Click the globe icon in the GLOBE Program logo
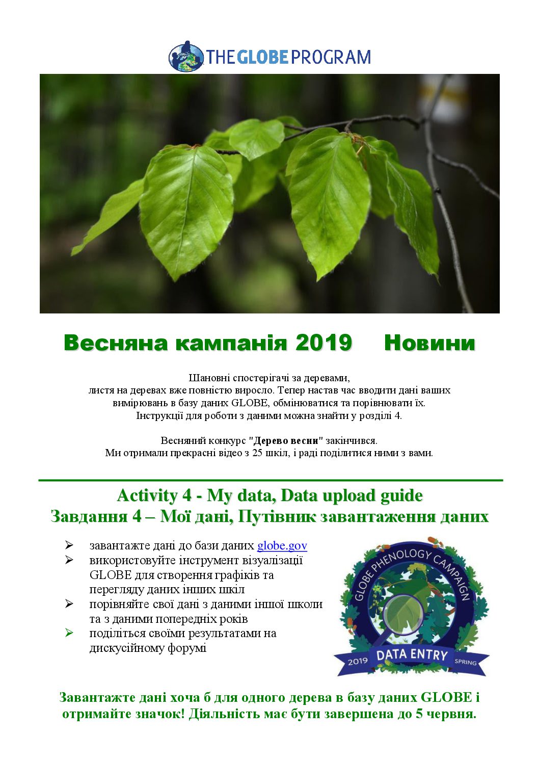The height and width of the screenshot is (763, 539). coord(186,57)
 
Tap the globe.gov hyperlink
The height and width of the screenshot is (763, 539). coord(282,546)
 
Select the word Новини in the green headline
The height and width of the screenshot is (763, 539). coord(429,343)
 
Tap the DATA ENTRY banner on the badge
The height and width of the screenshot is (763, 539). coord(412,655)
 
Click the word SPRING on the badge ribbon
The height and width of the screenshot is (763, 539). coord(465,662)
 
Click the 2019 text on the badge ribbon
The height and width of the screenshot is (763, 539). coord(358,661)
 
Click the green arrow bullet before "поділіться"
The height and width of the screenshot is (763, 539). coord(69,633)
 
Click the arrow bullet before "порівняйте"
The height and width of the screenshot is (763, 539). coord(69,604)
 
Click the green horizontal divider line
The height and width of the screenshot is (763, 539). coord(270,480)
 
